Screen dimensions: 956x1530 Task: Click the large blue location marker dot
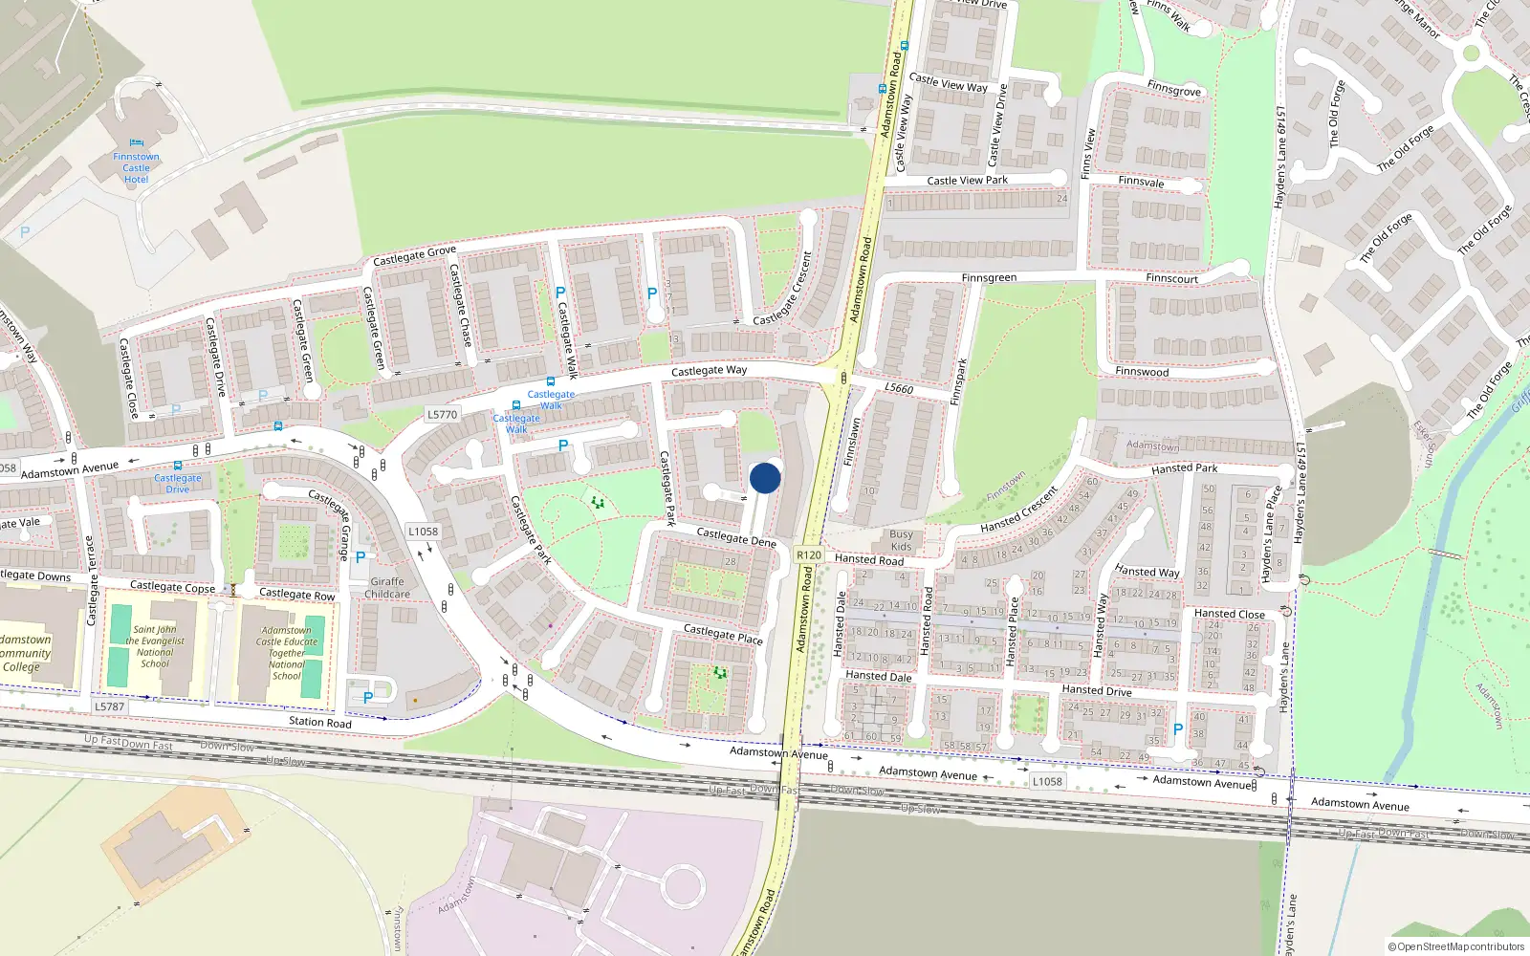click(x=765, y=478)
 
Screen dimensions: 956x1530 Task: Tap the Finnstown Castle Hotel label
click(x=136, y=168)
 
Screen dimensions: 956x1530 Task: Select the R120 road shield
click(x=808, y=554)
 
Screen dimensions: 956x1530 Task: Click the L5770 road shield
click(x=442, y=415)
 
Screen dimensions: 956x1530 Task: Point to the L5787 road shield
click(x=109, y=706)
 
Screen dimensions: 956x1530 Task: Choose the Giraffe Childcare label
click(x=387, y=587)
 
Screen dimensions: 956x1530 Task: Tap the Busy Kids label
click(x=901, y=540)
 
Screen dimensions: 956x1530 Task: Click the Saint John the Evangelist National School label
click(x=155, y=646)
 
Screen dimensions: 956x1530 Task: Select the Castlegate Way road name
click(x=709, y=370)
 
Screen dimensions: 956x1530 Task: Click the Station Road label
click(x=319, y=722)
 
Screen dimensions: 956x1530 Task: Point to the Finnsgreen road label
click(x=989, y=277)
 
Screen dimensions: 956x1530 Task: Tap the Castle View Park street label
click(x=967, y=180)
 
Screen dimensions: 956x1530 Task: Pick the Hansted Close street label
click(x=1229, y=614)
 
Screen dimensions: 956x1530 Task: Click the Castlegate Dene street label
click(x=735, y=537)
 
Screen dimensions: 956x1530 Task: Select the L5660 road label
click(x=899, y=388)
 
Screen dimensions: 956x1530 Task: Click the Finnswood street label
click(x=1142, y=372)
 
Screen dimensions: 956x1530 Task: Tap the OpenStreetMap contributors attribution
click(x=1456, y=946)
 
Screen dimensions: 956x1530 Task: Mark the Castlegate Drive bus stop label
click(x=178, y=483)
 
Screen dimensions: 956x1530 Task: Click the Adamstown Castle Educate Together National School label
click(x=286, y=653)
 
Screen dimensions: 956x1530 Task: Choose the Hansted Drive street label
click(x=1096, y=690)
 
